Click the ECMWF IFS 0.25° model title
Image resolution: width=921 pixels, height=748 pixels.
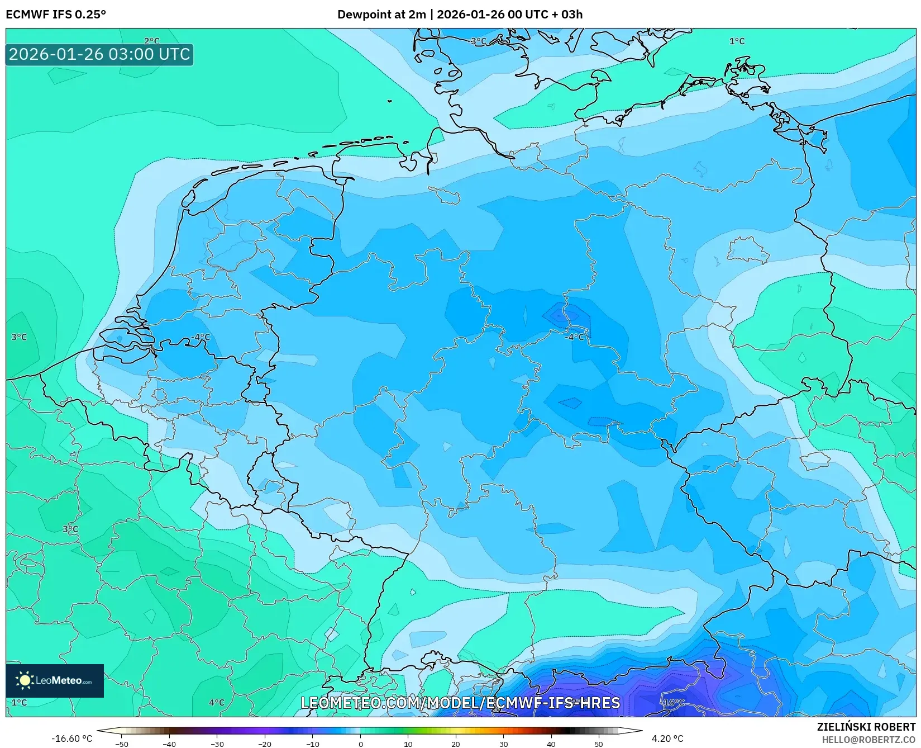point(56,15)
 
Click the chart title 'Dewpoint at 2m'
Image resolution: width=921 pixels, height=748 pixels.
point(381,15)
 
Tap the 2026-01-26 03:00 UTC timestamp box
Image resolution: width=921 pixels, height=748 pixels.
point(99,55)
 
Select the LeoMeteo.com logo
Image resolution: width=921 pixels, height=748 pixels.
point(55,680)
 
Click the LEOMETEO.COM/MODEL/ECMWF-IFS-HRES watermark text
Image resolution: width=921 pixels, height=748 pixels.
point(460,703)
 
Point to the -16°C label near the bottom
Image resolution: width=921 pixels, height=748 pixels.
point(672,703)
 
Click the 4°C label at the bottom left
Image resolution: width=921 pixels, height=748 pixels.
point(217,703)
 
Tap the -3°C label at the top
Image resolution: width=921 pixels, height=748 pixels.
point(478,41)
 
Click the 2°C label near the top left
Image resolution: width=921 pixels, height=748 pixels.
point(151,41)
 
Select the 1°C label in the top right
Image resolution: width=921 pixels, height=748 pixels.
point(737,41)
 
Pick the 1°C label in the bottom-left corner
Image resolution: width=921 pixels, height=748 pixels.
point(19,703)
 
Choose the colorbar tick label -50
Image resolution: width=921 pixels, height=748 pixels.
point(121,744)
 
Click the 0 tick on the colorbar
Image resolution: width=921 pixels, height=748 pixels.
point(360,744)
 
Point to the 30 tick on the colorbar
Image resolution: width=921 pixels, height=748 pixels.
point(504,744)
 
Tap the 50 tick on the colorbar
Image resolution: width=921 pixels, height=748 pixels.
point(599,744)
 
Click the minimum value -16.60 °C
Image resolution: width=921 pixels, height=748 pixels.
point(71,738)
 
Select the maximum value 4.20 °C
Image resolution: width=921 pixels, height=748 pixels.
point(667,738)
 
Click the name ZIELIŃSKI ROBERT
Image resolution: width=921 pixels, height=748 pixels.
point(866,727)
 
